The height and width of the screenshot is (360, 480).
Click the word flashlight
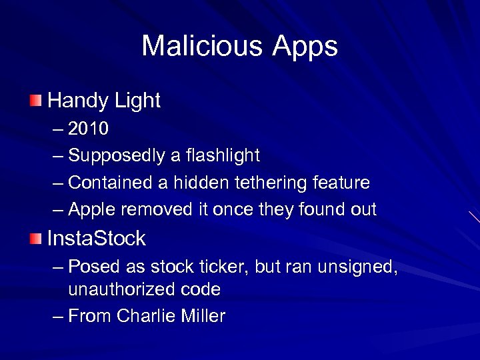(x=222, y=155)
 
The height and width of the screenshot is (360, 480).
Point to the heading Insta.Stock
(x=97, y=238)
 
